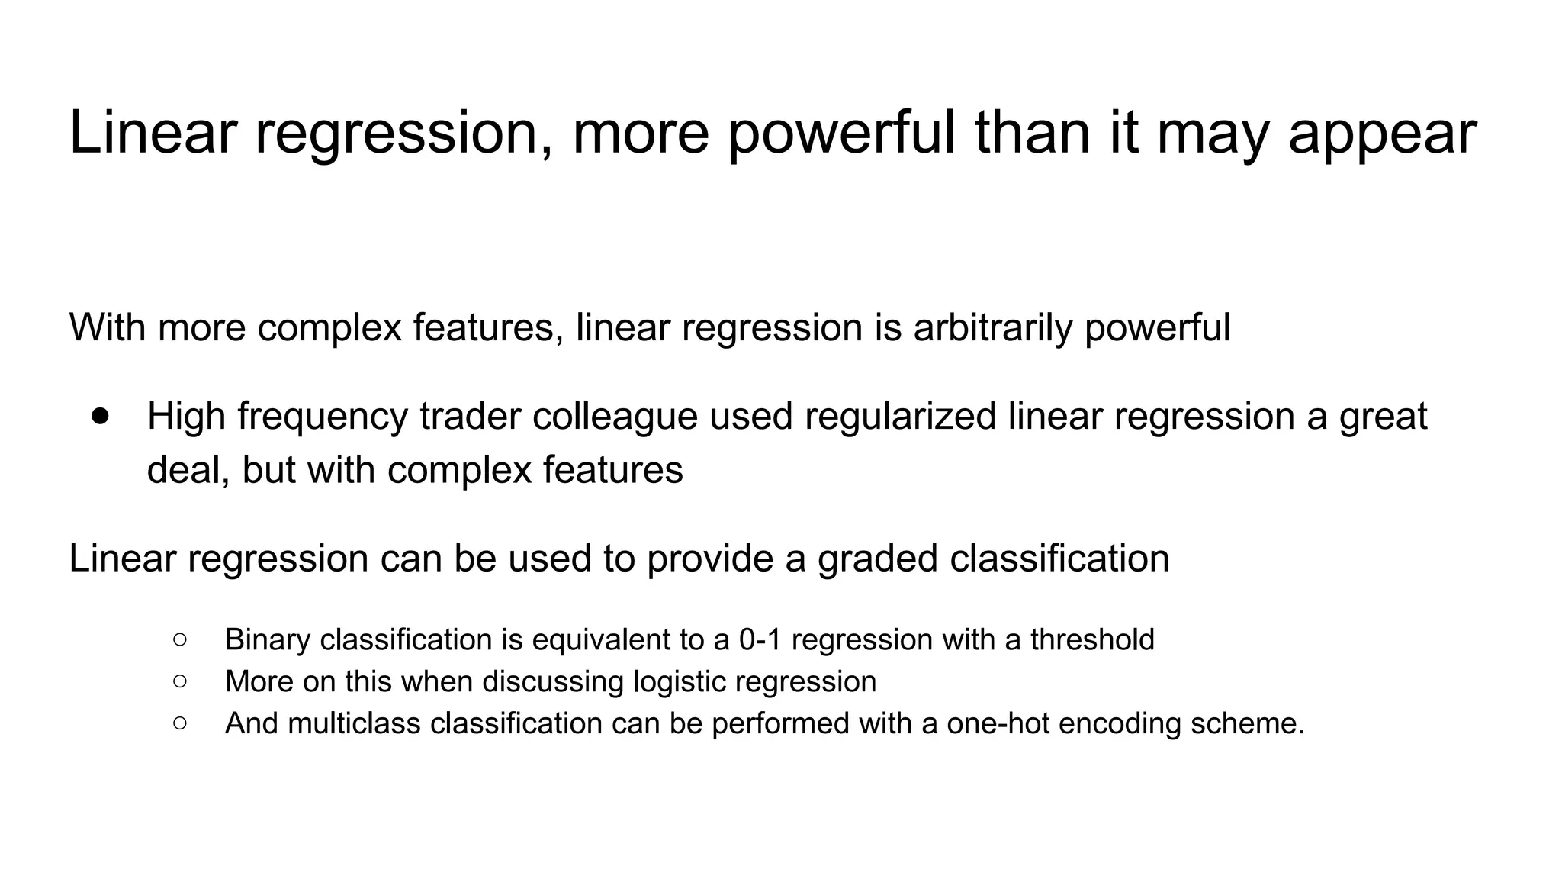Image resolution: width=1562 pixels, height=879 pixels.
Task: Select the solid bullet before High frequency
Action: [x=100, y=416]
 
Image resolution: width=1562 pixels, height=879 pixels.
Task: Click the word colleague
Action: [x=615, y=417]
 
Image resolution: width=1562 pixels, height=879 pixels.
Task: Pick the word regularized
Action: [x=900, y=417]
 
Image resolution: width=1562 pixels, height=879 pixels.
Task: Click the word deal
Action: [x=187, y=469]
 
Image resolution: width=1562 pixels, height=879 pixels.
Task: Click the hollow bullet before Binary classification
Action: [x=180, y=639]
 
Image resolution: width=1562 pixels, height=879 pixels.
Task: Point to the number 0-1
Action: [x=760, y=639]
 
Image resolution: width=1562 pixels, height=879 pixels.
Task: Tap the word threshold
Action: [x=1092, y=639]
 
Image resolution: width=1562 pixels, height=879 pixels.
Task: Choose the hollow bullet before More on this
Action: [x=180, y=681]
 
